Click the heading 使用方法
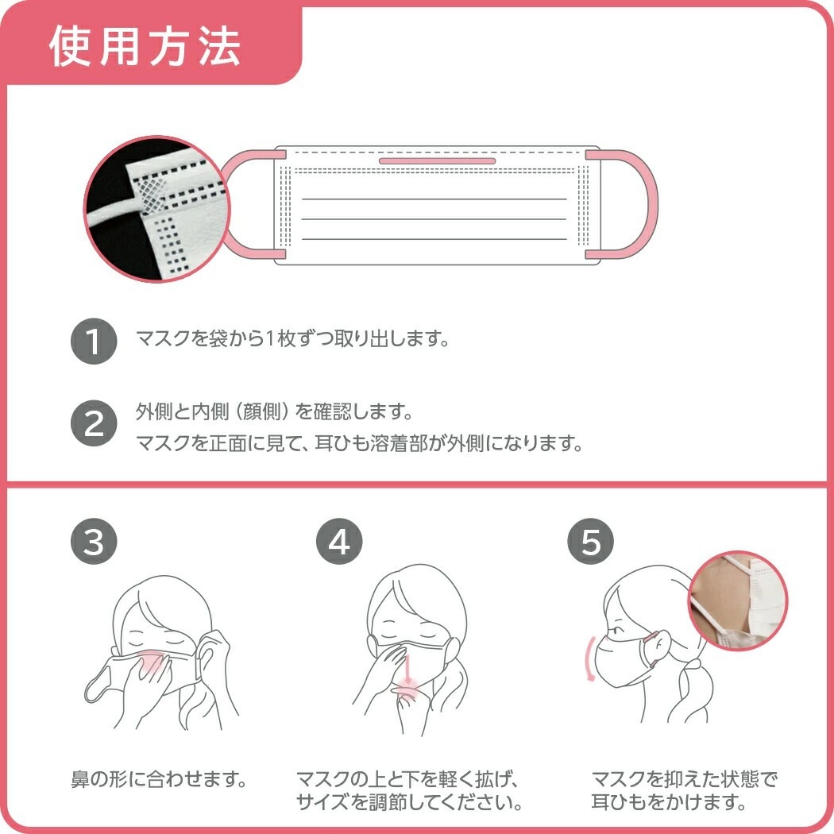145,47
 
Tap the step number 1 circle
94,341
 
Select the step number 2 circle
94,423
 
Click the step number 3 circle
94,541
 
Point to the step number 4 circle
339,541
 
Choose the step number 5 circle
590,541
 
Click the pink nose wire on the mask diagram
437,160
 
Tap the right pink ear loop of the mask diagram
650,204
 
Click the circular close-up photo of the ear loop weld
157,209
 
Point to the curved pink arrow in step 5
587,658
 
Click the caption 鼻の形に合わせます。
159,780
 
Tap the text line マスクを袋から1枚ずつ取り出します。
293,338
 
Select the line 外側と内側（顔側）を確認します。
275,411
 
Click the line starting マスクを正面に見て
360,442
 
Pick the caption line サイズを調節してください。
409,801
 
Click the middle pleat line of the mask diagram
434,219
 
